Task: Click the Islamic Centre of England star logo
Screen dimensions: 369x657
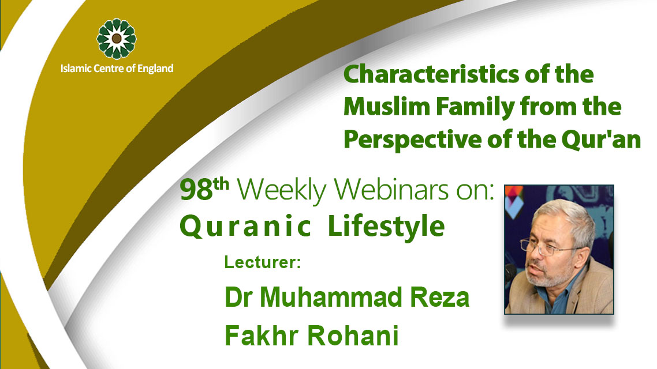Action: coord(117,39)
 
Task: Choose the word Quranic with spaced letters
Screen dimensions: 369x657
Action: coord(245,227)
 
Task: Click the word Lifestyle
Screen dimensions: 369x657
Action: coord(386,227)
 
